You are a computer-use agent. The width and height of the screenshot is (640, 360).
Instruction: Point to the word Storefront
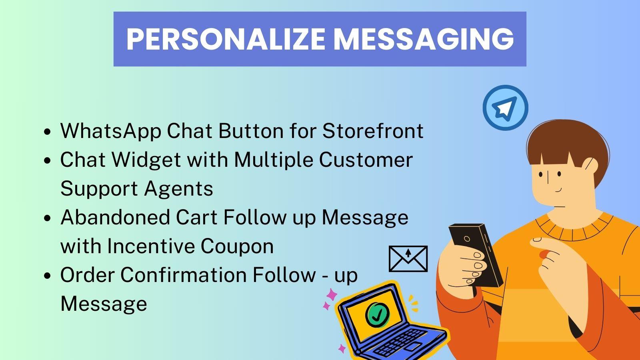coord(373,131)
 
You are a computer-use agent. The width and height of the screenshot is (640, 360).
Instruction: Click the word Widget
coord(146,160)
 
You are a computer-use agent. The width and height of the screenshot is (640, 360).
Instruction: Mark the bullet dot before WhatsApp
coord(48,132)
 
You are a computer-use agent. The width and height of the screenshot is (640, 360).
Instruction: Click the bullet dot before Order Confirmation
coord(48,276)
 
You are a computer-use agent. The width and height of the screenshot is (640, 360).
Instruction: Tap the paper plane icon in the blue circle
coord(505,108)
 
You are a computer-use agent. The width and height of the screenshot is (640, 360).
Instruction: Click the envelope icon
coord(408,258)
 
